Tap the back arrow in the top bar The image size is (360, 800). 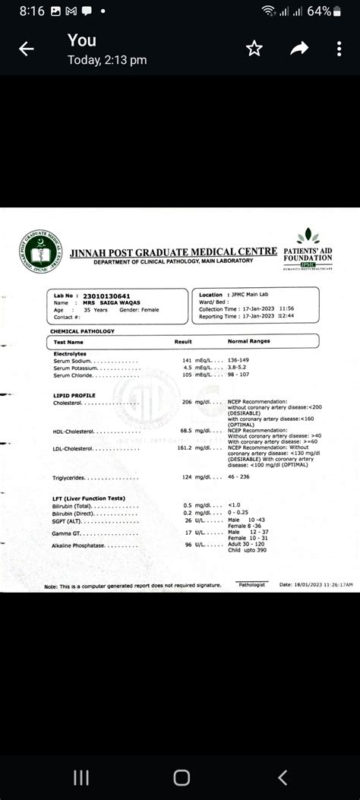point(27,49)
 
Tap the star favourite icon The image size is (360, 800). point(254,49)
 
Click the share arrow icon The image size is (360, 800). point(299,49)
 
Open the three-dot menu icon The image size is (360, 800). point(339,49)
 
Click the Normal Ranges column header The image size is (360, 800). point(248,343)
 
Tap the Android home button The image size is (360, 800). point(181,776)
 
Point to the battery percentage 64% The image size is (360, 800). point(321,11)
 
